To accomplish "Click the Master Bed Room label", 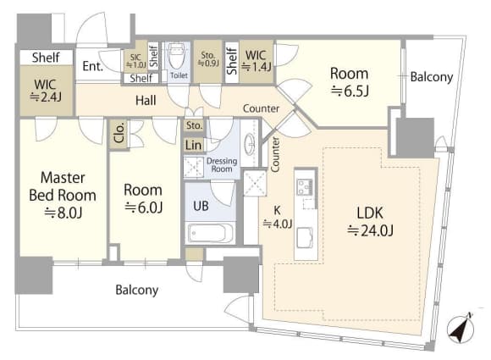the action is click(x=63, y=195).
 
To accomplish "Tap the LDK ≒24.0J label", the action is click(x=370, y=222).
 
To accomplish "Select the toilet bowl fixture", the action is click(x=177, y=56).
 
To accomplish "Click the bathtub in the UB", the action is click(x=211, y=233).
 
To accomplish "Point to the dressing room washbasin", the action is click(x=250, y=144).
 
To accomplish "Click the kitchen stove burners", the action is click(x=305, y=186).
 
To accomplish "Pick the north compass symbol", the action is click(x=461, y=328).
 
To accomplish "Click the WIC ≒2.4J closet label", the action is click(x=46, y=91).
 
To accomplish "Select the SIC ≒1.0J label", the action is click(x=136, y=61).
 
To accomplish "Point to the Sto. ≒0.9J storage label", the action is click(x=208, y=59).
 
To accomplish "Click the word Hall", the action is click(x=146, y=101).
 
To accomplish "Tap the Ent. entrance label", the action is click(x=92, y=66).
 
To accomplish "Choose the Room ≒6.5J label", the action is click(x=350, y=82).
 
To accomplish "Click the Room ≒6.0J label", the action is click(x=143, y=198).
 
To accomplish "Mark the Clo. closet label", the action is click(x=119, y=132).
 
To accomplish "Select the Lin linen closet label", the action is click(x=193, y=145).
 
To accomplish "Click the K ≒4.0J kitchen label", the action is click(x=278, y=217).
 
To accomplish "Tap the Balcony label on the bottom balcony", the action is click(x=137, y=290).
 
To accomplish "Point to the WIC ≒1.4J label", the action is click(x=257, y=60).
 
